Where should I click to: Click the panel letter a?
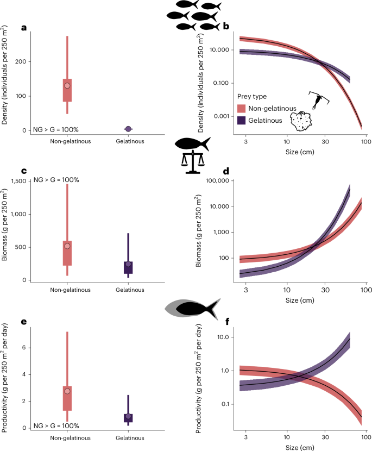coord(23,28)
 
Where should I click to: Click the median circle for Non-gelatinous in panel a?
coord(67,86)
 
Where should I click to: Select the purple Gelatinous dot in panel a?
coord(128,129)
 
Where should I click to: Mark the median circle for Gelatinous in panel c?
coord(128,265)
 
